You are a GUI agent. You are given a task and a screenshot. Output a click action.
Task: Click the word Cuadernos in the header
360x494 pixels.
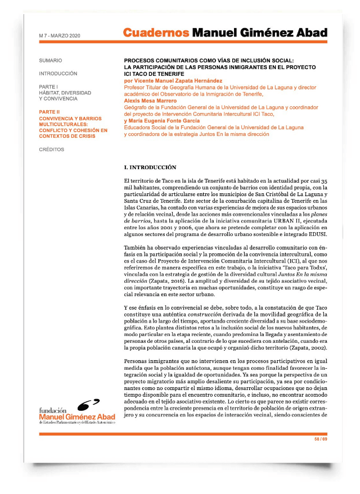tap(156, 33)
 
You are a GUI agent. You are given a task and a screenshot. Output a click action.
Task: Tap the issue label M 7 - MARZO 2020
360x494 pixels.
tap(60, 36)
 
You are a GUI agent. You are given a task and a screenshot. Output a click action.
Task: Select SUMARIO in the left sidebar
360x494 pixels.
tap(51, 60)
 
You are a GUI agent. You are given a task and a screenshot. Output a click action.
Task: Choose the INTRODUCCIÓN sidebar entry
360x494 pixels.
tap(58, 74)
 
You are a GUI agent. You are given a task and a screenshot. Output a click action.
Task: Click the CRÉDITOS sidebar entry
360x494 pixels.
tap(52, 149)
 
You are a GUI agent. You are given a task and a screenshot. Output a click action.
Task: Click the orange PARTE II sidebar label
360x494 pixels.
tap(50, 112)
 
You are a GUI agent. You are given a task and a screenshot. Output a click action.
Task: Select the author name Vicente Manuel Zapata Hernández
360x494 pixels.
tap(172, 81)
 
